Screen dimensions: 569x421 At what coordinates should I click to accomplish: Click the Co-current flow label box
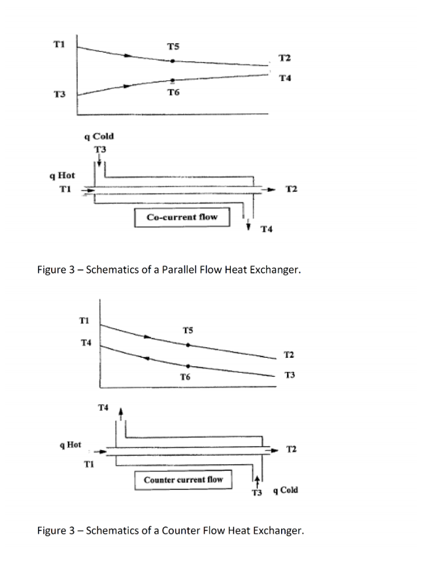click(182, 216)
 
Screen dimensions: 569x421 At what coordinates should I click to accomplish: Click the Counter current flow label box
click(183, 479)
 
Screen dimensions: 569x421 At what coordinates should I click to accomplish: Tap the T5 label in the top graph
click(173, 46)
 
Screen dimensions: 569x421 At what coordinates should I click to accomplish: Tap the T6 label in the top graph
click(173, 94)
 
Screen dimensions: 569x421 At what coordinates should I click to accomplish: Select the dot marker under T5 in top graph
click(173, 61)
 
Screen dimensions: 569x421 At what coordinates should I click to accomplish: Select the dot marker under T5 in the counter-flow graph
click(188, 344)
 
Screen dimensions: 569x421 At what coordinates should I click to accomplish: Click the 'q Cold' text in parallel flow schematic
click(99, 136)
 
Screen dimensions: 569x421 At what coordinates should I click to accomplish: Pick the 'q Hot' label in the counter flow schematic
click(70, 444)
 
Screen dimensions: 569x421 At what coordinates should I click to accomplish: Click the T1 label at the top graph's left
click(59, 44)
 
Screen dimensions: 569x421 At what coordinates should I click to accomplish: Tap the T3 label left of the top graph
click(59, 95)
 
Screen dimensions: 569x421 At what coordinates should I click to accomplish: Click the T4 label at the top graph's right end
click(284, 78)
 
